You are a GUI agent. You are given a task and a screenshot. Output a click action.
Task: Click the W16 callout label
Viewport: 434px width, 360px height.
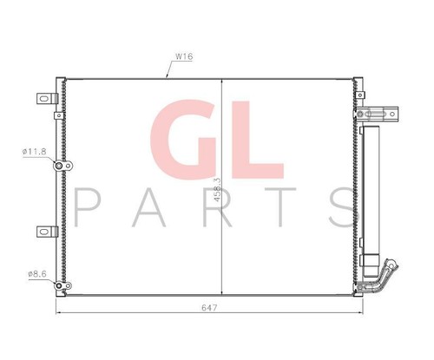click(x=184, y=56)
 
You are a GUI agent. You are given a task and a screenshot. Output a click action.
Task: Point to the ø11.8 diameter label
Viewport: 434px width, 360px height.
click(x=36, y=153)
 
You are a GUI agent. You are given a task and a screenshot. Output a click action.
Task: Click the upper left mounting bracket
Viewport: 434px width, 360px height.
click(x=43, y=99)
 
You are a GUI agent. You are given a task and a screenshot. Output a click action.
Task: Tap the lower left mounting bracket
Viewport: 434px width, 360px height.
click(x=43, y=232)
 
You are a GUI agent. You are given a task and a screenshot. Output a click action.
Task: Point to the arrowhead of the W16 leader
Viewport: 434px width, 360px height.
click(x=166, y=77)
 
